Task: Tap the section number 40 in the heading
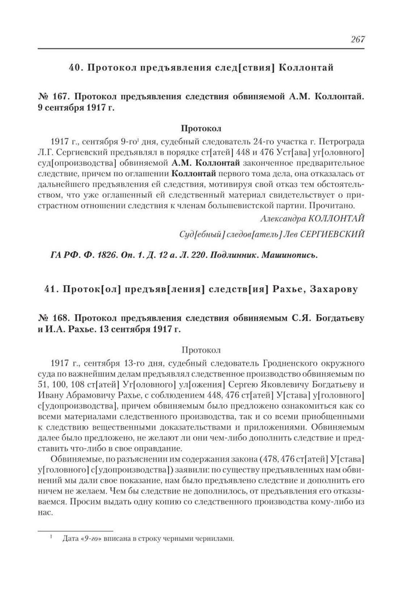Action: coord(75,68)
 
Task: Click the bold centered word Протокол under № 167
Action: coord(201,128)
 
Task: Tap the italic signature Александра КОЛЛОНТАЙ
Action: coord(312,218)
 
